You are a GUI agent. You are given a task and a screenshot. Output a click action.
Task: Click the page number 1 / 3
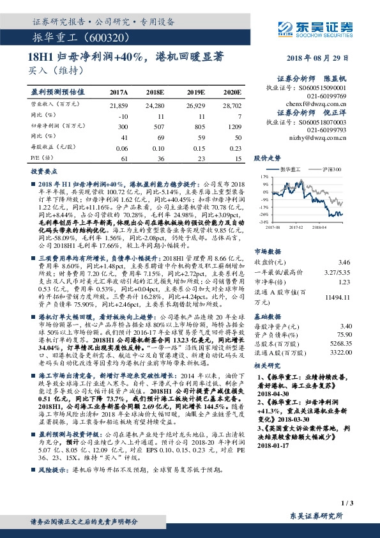347,503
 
